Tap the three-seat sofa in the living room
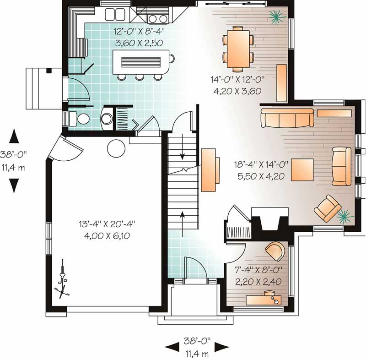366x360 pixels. pyautogui.click(x=287, y=119)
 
